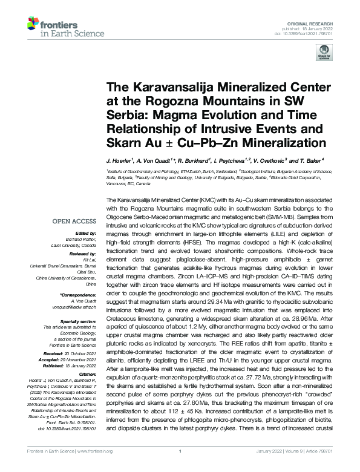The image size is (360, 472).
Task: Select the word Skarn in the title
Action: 126,143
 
